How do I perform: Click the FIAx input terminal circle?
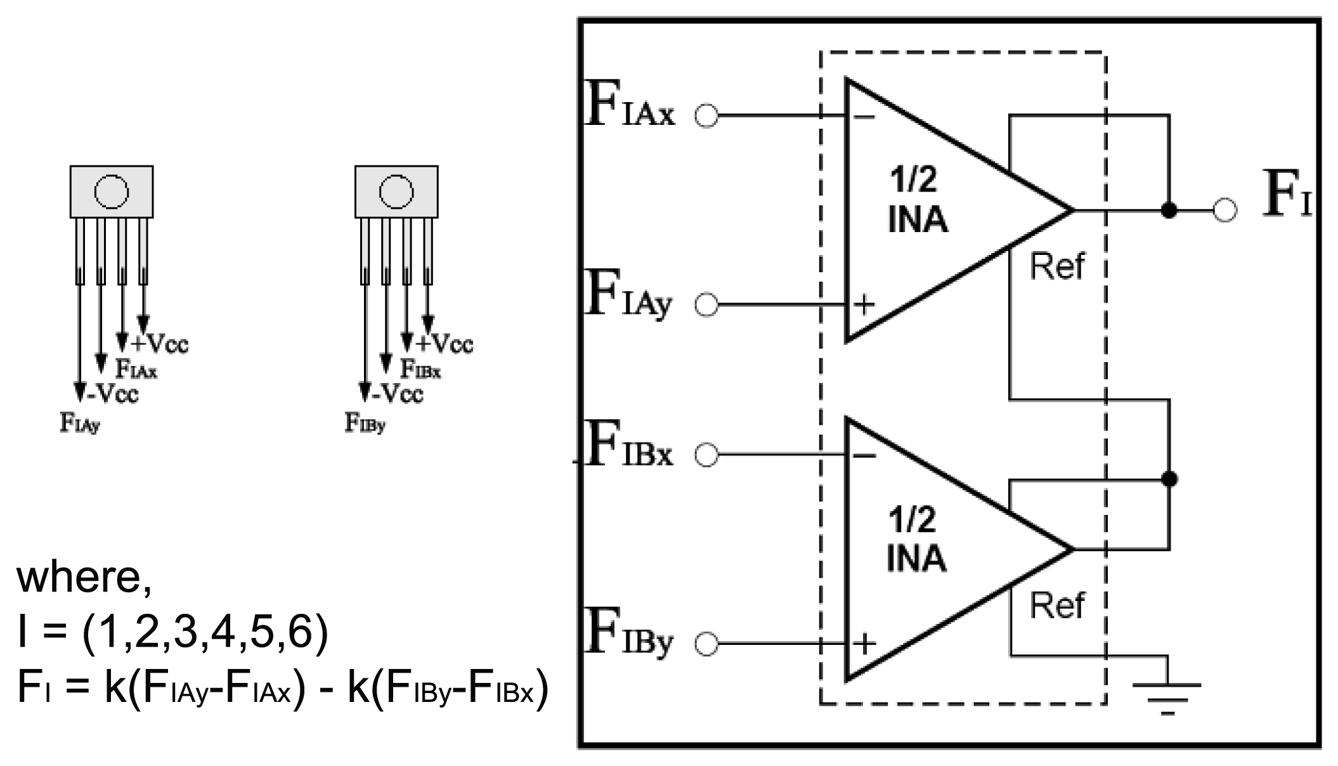(706, 116)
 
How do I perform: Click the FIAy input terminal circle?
(706, 305)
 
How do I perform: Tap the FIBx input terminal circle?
(706, 455)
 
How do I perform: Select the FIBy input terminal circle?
(706, 644)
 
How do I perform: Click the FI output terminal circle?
(1224, 211)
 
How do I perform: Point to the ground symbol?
(1168, 696)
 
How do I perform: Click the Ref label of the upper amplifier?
(1056, 266)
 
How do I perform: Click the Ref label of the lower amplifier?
(1056, 605)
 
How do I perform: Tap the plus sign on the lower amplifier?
(864, 644)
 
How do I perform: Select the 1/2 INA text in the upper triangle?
(918, 201)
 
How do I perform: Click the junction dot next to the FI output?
(1169, 211)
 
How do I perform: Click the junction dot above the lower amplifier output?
(1169, 479)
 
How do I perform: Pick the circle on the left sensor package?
(112, 191)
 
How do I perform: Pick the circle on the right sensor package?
(396, 191)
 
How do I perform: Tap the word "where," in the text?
(84, 578)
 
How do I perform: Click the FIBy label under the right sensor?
(365, 422)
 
